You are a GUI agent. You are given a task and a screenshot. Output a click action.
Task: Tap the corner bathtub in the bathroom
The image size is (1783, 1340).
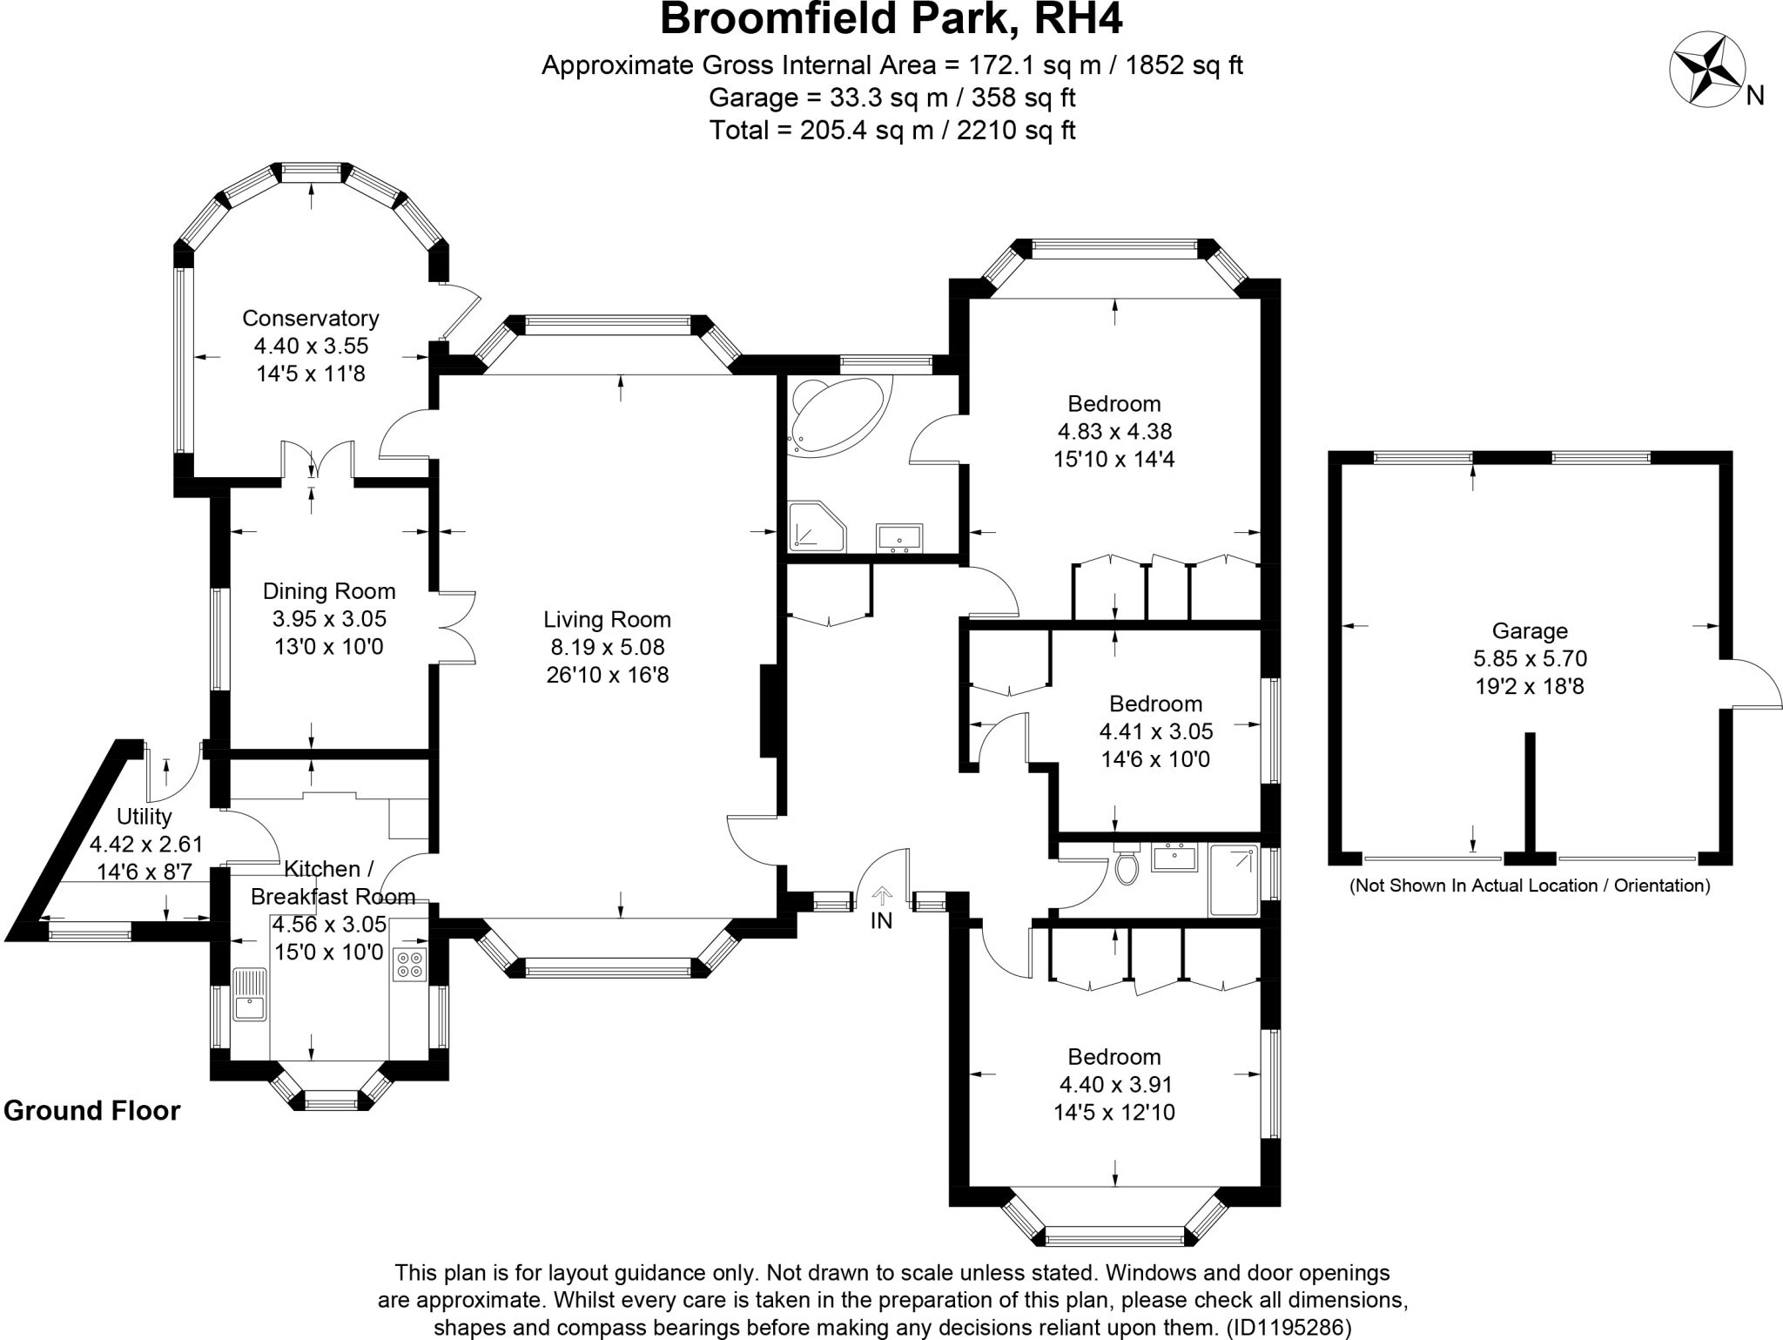coord(837,415)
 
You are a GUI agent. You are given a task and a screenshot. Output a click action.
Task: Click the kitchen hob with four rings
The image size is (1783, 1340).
coord(409,964)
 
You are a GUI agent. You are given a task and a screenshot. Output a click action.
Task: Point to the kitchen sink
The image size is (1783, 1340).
coord(251,993)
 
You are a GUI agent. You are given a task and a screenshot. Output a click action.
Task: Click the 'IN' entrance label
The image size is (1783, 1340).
coord(881,920)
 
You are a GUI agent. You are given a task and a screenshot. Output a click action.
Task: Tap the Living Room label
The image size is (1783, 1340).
coord(607,620)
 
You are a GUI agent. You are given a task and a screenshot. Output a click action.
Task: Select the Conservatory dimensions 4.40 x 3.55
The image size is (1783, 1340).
coord(311,346)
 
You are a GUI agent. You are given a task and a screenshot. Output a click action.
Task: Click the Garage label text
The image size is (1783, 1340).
coord(1530,631)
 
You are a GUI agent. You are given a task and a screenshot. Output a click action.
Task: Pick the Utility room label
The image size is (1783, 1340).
coord(145,817)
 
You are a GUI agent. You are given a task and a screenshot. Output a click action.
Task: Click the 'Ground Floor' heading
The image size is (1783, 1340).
coord(92,1111)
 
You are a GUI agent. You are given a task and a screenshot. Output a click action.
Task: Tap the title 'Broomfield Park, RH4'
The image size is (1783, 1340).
coord(891,19)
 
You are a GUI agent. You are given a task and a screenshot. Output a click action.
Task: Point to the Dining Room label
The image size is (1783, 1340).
coord(329,592)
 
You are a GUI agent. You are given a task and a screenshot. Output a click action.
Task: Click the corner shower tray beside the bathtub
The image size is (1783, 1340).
coord(817,527)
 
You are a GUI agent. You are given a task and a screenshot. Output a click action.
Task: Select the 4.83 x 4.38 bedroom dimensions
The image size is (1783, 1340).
coord(1114,431)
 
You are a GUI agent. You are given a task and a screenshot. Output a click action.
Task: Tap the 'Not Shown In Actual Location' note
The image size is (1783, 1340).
coord(1530,886)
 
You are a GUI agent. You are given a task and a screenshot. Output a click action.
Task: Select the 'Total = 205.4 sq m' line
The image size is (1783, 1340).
coord(891,131)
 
